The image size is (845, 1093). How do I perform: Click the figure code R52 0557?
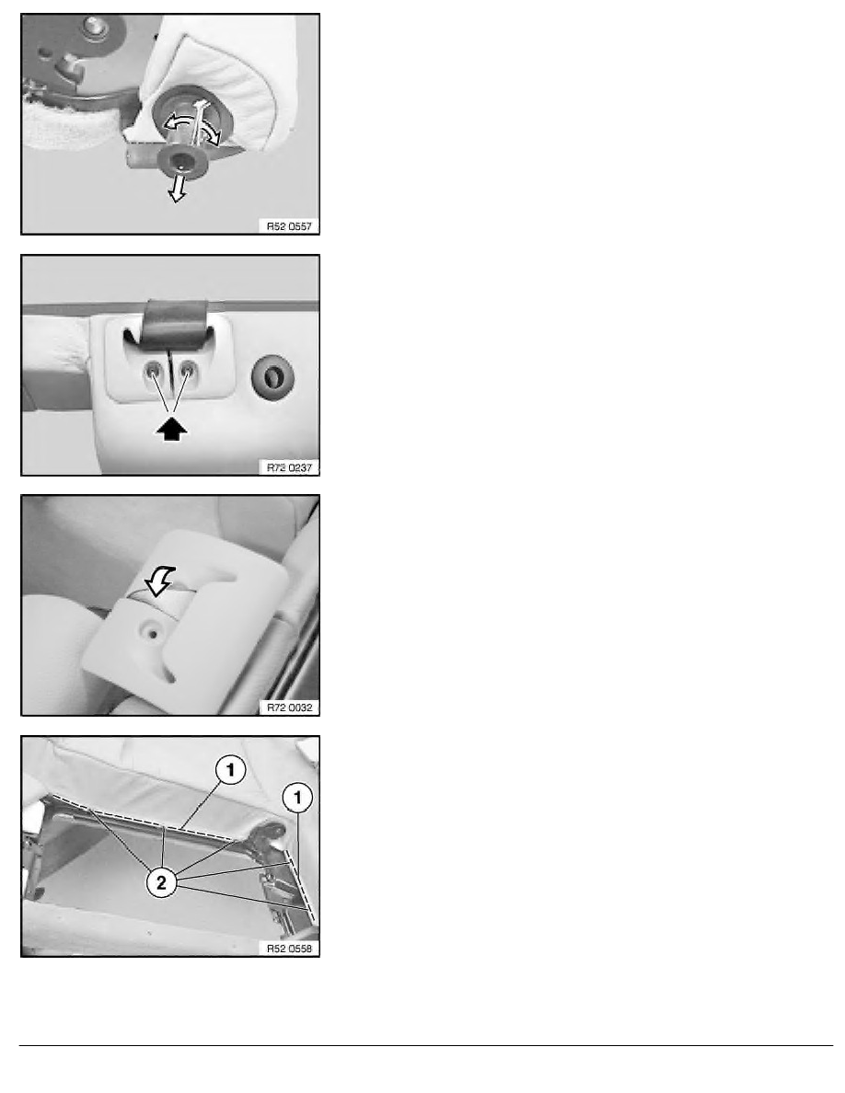289,225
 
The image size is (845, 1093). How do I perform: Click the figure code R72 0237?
289,467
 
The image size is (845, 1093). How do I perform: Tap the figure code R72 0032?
289,707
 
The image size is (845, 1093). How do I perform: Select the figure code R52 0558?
289,948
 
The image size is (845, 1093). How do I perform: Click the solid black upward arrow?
171,429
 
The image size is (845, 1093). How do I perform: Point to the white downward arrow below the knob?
178,189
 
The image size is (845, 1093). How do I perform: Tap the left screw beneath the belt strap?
153,372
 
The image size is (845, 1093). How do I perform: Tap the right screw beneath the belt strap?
186,372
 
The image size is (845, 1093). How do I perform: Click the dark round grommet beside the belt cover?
272,377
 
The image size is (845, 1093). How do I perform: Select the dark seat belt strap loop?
174,324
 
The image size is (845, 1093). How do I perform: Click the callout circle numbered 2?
161,883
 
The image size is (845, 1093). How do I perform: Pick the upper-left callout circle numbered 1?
230,770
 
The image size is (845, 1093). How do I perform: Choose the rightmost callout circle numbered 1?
297,798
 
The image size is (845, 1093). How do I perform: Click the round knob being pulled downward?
182,161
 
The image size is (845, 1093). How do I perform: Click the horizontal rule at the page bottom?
426,1045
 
